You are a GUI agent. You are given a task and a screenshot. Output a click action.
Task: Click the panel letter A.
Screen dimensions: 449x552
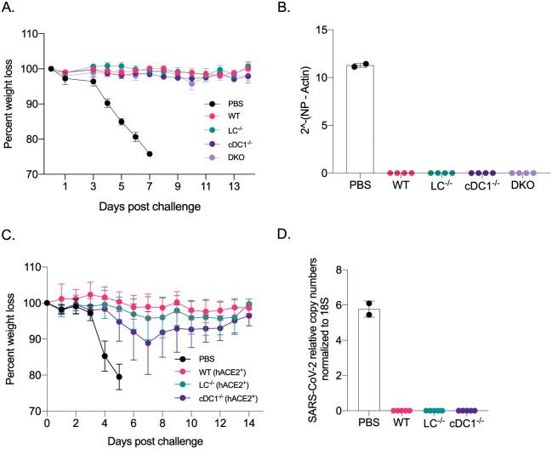pyautogui.click(x=10, y=9)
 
